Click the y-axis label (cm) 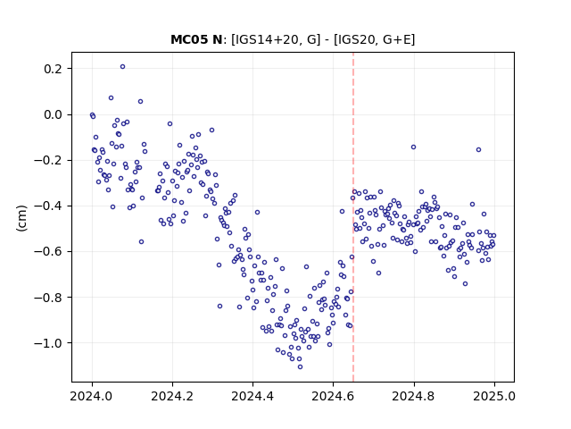(21, 218)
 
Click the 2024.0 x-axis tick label (92, 396)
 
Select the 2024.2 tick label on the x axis (172, 396)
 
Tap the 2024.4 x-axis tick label (252, 396)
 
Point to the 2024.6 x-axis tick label (333, 396)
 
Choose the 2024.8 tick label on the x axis (414, 396)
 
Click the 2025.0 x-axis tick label (494, 396)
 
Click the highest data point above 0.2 (123, 67)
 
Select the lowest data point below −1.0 (300, 366)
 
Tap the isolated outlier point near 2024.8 (413, 147)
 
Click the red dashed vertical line (353, 217)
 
